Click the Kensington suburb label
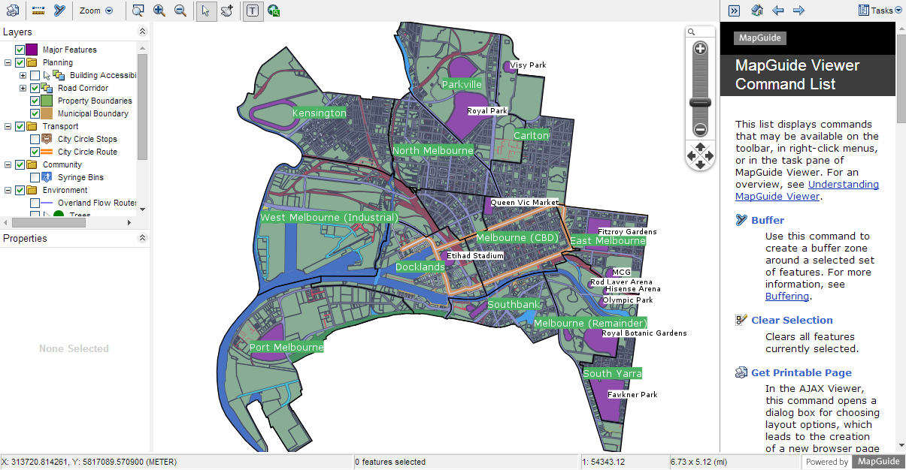(x=320, y=113)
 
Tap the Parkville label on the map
(x=462, y=85)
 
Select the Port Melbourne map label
(x=286, y=348)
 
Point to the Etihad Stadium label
(x=475, y=256)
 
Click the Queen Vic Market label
(x=525, y=203)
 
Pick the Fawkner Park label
(x=632, y=395)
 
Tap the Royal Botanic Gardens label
(x=644, y=333)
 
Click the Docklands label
(x=420, y=267)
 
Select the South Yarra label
(x=613, y=373)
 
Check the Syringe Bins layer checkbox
(x=35, y=177)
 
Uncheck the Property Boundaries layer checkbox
(x=35, y=101)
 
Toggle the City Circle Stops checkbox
(x=35, y=139)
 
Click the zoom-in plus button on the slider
(x=700, y=50)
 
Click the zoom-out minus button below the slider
(x=700, y=129)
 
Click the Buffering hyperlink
(x=787, y=297)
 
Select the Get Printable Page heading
(x=801, y=372)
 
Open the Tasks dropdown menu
(x=880, y=11)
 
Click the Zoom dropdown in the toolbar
(x=96, y=11)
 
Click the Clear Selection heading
(x=792, y=320)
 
